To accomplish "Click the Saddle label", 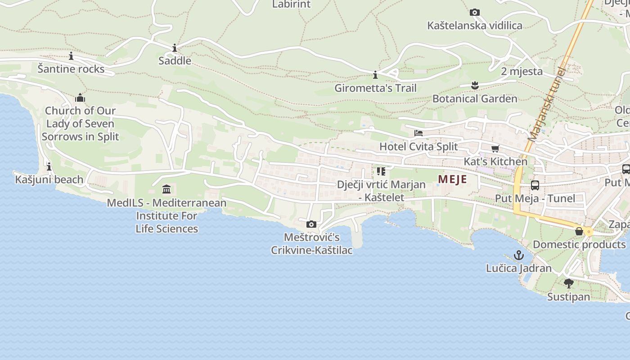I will tap(175, 61).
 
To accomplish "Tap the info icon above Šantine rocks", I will tap(71, 56).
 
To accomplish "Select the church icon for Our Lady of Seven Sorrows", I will tap(80, 98).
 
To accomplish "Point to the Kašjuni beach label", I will tap(49, 180).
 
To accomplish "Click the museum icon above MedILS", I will tap(166, 189).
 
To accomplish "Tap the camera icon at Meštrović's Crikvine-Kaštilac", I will tap(311, 224).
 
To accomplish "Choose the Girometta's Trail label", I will tap(375, 88).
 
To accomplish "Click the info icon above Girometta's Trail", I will tap(375, 75).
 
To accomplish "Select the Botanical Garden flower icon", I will tap(474, 85).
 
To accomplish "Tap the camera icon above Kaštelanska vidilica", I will tap(474, 13).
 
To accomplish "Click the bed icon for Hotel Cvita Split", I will tap(418, 133).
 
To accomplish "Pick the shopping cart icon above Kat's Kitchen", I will tap(495, 148).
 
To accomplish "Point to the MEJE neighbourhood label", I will tap(452, 179).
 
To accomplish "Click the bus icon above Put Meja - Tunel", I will tap(535, 185).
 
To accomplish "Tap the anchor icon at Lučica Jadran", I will tap(519, 255).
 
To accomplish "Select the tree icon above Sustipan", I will tap(568, 283).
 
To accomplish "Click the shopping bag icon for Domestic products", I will tap(579, 231).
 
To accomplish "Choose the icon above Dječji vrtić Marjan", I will tap(381, 171).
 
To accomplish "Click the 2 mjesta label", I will tap(522, 72).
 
